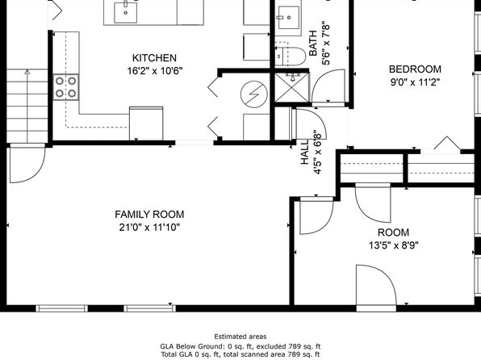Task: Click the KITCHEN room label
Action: (x=154, y=57)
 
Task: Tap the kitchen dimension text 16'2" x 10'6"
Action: (x=155, y=71)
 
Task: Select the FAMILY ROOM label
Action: (x=149, y=214)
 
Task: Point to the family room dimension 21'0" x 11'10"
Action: (x=149, y=228)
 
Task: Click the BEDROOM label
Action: (x=415, y=69)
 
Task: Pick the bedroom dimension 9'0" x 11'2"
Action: (x=415, y=82)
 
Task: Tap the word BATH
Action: (x=312, y=44)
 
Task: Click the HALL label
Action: (x=304, y=153)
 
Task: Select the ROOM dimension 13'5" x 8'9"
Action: (x=394, y=245)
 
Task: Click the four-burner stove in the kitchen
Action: (x=65, y=87)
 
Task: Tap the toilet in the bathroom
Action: (x=291, y=57)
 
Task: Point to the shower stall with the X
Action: (x=292, y=88)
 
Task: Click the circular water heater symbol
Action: (x=254, y=94)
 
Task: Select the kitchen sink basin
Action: (x=125, y=12)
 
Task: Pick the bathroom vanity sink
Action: (x=289, y=18)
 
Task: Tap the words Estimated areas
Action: (x=240, y=337)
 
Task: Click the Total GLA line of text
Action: (x=240, y=354)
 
